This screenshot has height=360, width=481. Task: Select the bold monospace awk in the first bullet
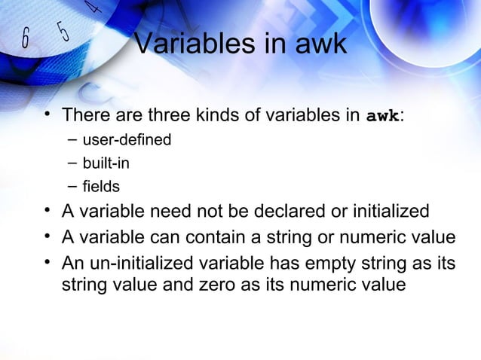pos(383,117)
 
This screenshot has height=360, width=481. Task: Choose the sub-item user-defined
pos(127,139)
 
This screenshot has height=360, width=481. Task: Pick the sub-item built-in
pos(111,162)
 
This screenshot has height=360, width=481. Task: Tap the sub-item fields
pos(101,185)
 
